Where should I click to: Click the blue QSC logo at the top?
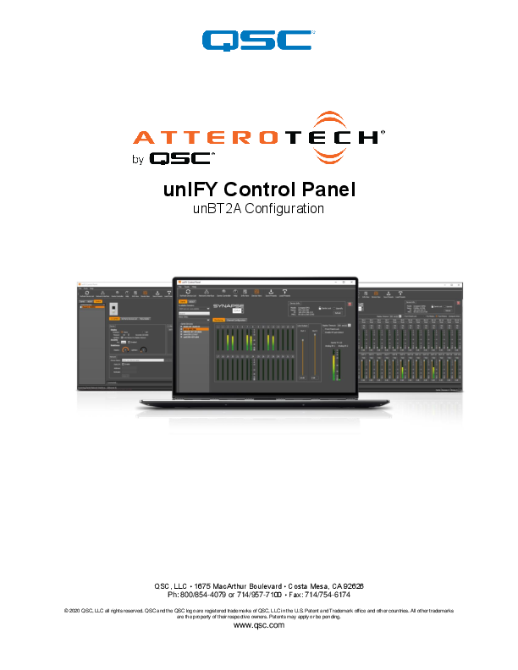tap(258, 39)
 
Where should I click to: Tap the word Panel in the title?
tap(326, 189)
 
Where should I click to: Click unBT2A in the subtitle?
tap(218, 209)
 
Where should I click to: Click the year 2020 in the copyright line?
tap(78, 610)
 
